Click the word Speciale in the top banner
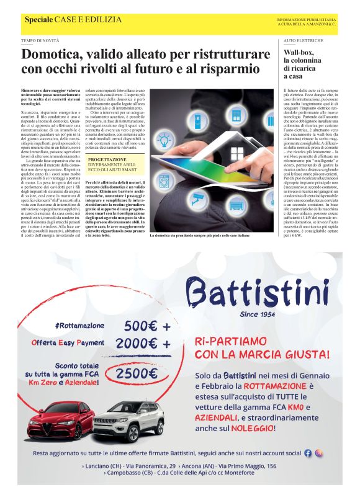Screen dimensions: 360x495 [38, 21]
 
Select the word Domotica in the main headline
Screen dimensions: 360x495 [52, 55]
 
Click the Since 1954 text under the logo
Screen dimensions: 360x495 [256, 314]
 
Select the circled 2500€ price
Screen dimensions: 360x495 [136, 373]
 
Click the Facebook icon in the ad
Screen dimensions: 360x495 [308, 453]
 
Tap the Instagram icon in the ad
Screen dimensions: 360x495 [319, 453]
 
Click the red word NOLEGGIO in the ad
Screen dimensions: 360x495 [248, 428]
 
